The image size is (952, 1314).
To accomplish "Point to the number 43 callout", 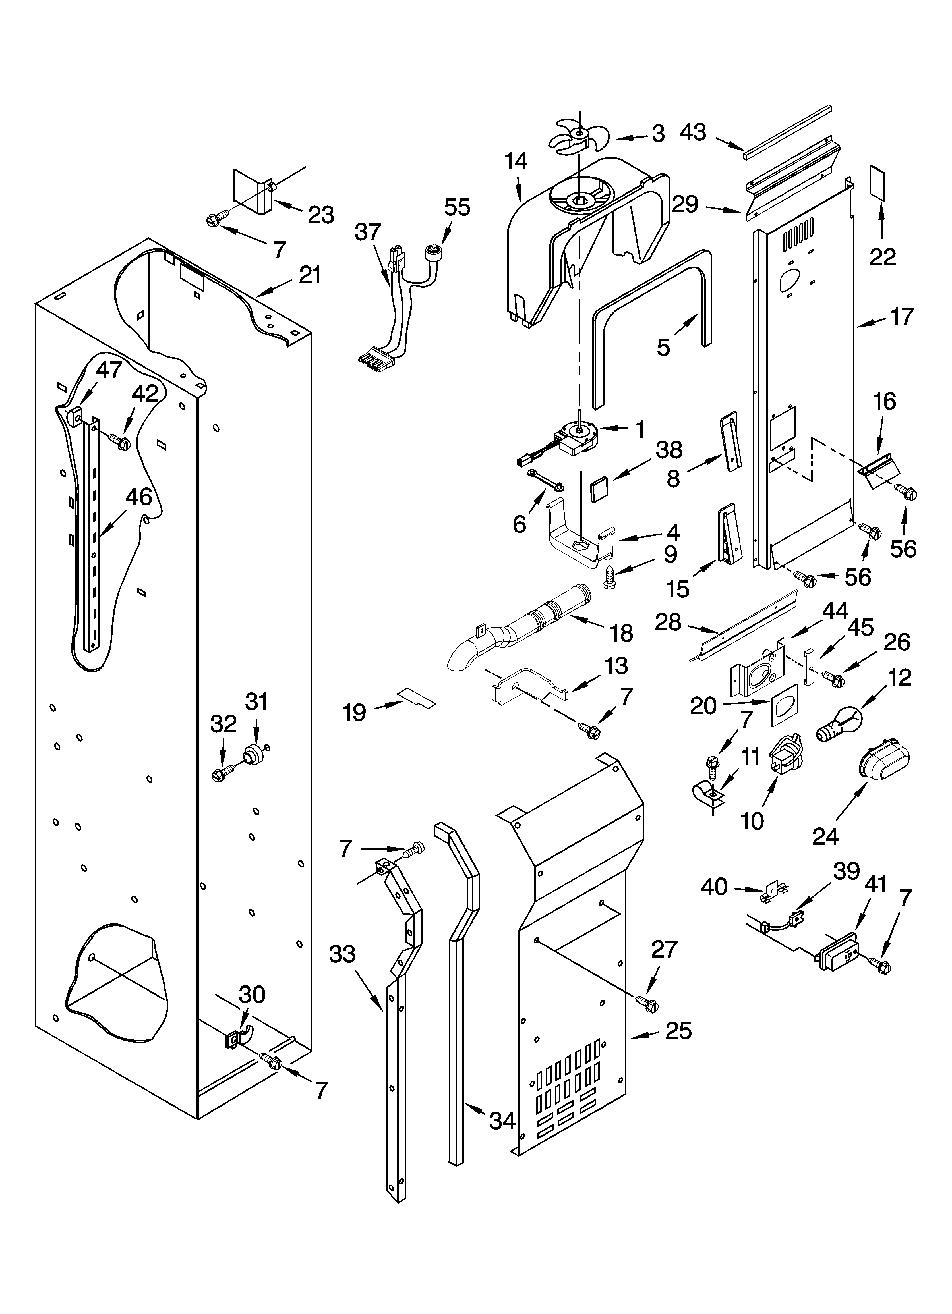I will pyautogui.click(x=693, y=132).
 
